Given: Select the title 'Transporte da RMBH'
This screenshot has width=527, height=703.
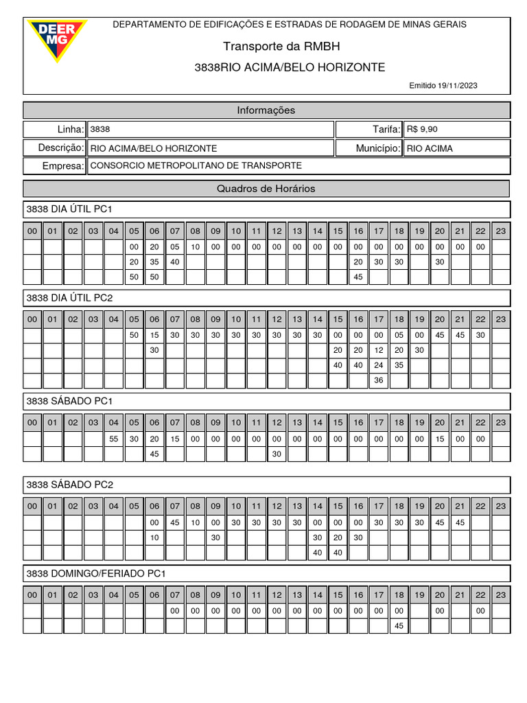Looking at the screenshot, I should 281,46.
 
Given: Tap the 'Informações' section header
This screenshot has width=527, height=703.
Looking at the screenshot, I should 266,111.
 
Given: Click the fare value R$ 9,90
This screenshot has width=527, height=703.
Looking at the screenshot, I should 422,129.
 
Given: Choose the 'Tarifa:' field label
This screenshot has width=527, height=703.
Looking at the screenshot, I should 385,129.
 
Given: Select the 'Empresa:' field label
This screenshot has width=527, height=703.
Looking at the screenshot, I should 63,166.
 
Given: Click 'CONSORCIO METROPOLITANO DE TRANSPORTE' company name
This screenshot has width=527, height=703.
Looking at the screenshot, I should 196,166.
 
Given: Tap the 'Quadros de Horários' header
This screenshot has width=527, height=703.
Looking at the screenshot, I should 266,189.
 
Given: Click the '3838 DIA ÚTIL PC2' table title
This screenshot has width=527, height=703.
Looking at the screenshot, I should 69,298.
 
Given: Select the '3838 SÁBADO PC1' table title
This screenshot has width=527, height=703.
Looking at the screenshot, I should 69,400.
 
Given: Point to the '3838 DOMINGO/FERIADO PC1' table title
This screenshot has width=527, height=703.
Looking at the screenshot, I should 96,573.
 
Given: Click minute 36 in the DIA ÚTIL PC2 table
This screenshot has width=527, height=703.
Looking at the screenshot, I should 378,380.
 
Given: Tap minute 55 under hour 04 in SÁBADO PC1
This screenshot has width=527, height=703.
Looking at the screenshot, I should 114,439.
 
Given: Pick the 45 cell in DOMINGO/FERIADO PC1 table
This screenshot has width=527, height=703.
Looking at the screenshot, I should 399,625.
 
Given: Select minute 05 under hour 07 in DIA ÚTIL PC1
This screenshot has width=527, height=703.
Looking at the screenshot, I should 175,247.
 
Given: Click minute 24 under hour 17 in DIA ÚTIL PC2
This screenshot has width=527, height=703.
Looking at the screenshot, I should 378,365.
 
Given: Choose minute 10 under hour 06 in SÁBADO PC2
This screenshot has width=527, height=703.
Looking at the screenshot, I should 154,538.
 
